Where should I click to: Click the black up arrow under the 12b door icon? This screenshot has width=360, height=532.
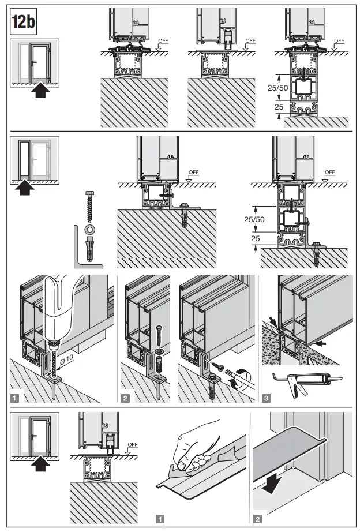click(39, 90)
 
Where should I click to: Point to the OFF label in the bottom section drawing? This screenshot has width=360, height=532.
click(133, 444)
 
